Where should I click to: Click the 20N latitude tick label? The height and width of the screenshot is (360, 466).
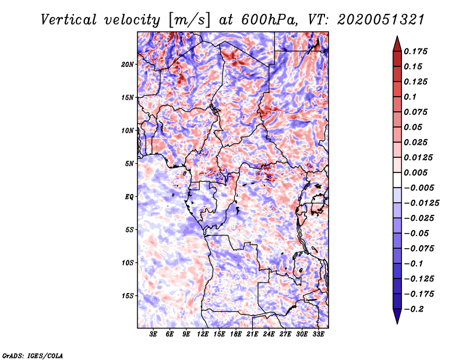pos(128,64)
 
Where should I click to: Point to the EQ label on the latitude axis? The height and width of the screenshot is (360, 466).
pos(129,196)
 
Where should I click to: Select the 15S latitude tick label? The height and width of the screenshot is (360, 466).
pos(128,296)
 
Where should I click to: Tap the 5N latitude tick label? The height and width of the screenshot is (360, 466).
pos(129,164)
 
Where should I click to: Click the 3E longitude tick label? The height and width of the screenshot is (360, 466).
pos(154,334)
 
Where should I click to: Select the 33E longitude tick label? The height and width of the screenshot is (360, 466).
pos(318,334)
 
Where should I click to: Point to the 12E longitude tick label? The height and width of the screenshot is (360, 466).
pos(203,334)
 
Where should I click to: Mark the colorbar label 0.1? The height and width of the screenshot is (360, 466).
pos(412,97)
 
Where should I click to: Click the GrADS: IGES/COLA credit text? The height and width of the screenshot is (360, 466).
pos(33,355)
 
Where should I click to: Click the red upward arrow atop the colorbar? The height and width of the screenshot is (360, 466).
pos(397,43)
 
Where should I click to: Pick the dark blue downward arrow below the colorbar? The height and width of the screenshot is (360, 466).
pos(397,317)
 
